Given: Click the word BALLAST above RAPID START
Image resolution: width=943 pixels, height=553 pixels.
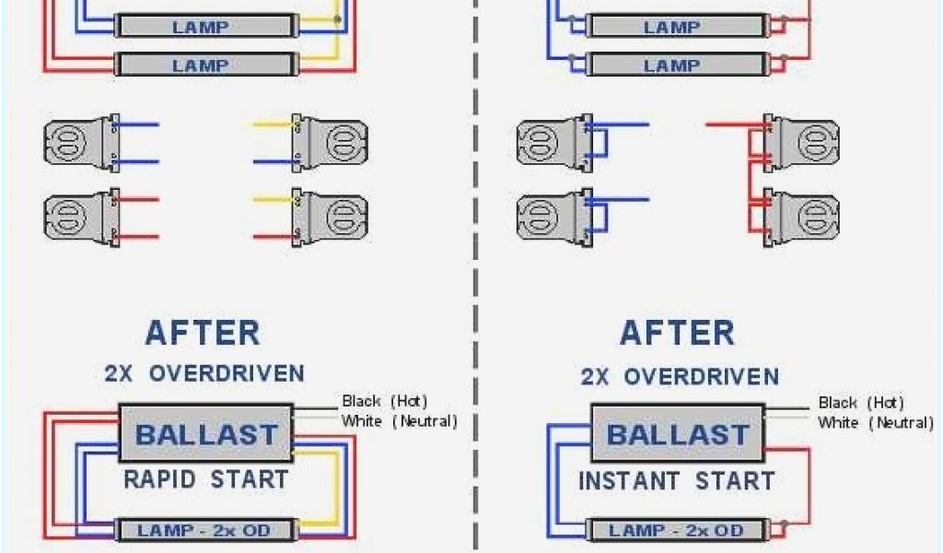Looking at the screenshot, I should (206, 434).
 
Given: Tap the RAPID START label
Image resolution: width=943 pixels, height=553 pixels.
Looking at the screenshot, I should (206, 479).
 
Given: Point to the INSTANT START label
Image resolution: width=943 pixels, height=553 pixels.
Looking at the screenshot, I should (677, 480).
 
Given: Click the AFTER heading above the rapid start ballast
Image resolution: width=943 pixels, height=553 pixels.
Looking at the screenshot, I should (203, 333).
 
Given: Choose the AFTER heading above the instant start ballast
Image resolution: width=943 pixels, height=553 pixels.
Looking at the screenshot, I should (677, 333).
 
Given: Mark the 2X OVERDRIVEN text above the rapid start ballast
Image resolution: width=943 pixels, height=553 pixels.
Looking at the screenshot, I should (204, 373).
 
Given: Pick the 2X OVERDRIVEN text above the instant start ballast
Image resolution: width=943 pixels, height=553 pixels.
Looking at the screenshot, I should (680, 376).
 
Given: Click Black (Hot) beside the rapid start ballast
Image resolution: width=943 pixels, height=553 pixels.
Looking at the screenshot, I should (384, 401).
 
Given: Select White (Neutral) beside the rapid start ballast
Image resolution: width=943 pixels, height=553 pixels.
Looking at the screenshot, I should (399, 421).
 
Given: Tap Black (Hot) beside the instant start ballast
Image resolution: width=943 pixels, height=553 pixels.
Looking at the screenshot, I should (861, 403).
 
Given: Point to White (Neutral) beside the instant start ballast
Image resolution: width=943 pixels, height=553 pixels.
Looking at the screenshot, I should (875, 423).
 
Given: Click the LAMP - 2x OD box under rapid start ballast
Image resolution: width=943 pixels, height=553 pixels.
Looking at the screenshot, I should (205, 530).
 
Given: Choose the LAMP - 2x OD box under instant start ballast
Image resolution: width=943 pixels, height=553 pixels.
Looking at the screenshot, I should (677, 531).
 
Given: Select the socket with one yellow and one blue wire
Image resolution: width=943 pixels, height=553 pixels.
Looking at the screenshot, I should (330, 143).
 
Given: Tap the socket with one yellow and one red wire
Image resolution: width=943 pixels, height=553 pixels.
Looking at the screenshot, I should (330, 218).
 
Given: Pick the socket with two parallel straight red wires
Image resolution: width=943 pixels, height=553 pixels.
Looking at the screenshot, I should (81, 218).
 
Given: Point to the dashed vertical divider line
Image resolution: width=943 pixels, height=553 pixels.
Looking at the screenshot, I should (476, 276).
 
